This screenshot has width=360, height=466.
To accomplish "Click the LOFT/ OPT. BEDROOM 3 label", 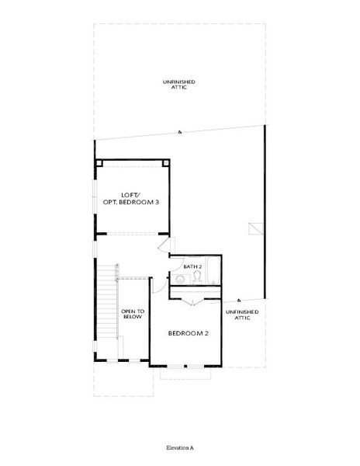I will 130,199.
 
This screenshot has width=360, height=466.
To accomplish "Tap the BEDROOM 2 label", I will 188,334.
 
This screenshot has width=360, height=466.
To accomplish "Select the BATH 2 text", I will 192,266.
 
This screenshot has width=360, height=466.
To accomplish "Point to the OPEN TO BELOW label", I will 133,314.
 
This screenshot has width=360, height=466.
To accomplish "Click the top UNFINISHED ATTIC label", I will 179,84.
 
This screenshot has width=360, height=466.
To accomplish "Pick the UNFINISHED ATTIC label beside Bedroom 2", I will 242,315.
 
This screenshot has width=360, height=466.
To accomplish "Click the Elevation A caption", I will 179,449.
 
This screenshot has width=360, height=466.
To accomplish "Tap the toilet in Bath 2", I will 180,276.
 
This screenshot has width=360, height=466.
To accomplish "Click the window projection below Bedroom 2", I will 186,374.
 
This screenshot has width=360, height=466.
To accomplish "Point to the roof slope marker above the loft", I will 179,132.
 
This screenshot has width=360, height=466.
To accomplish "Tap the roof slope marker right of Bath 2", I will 239,300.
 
